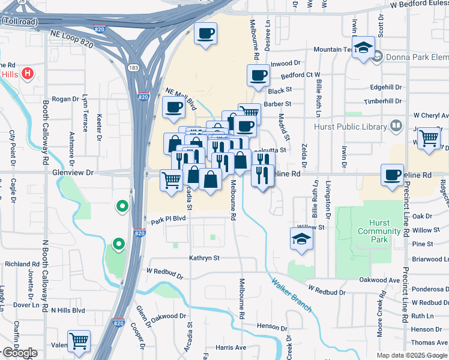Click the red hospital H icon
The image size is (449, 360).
pyautogui.click(x=27, y=74)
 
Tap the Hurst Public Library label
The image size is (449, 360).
pyautogui.click(x=351, y=126)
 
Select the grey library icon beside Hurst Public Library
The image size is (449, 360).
pyautogui.click(x=396, y=126)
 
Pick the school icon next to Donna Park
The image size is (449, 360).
pyautogui.click(x=363, y=47)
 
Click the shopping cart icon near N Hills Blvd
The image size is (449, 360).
pyautogui.click(x=79, y=341)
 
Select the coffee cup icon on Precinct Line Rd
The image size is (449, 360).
pyautogui.click(x=393, y=175)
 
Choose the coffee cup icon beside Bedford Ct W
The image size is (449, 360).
pyautogui.click(x=258, y=76)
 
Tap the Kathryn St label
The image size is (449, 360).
pyautogui.click(x=205, y=258)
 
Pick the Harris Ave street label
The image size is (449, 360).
pyautogui.click(x=231, y=347)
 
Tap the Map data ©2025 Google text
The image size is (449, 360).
pyautogui.click(x=412, y=355)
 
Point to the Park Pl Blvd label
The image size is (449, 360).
pyautogui.click(x=169, y=220)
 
